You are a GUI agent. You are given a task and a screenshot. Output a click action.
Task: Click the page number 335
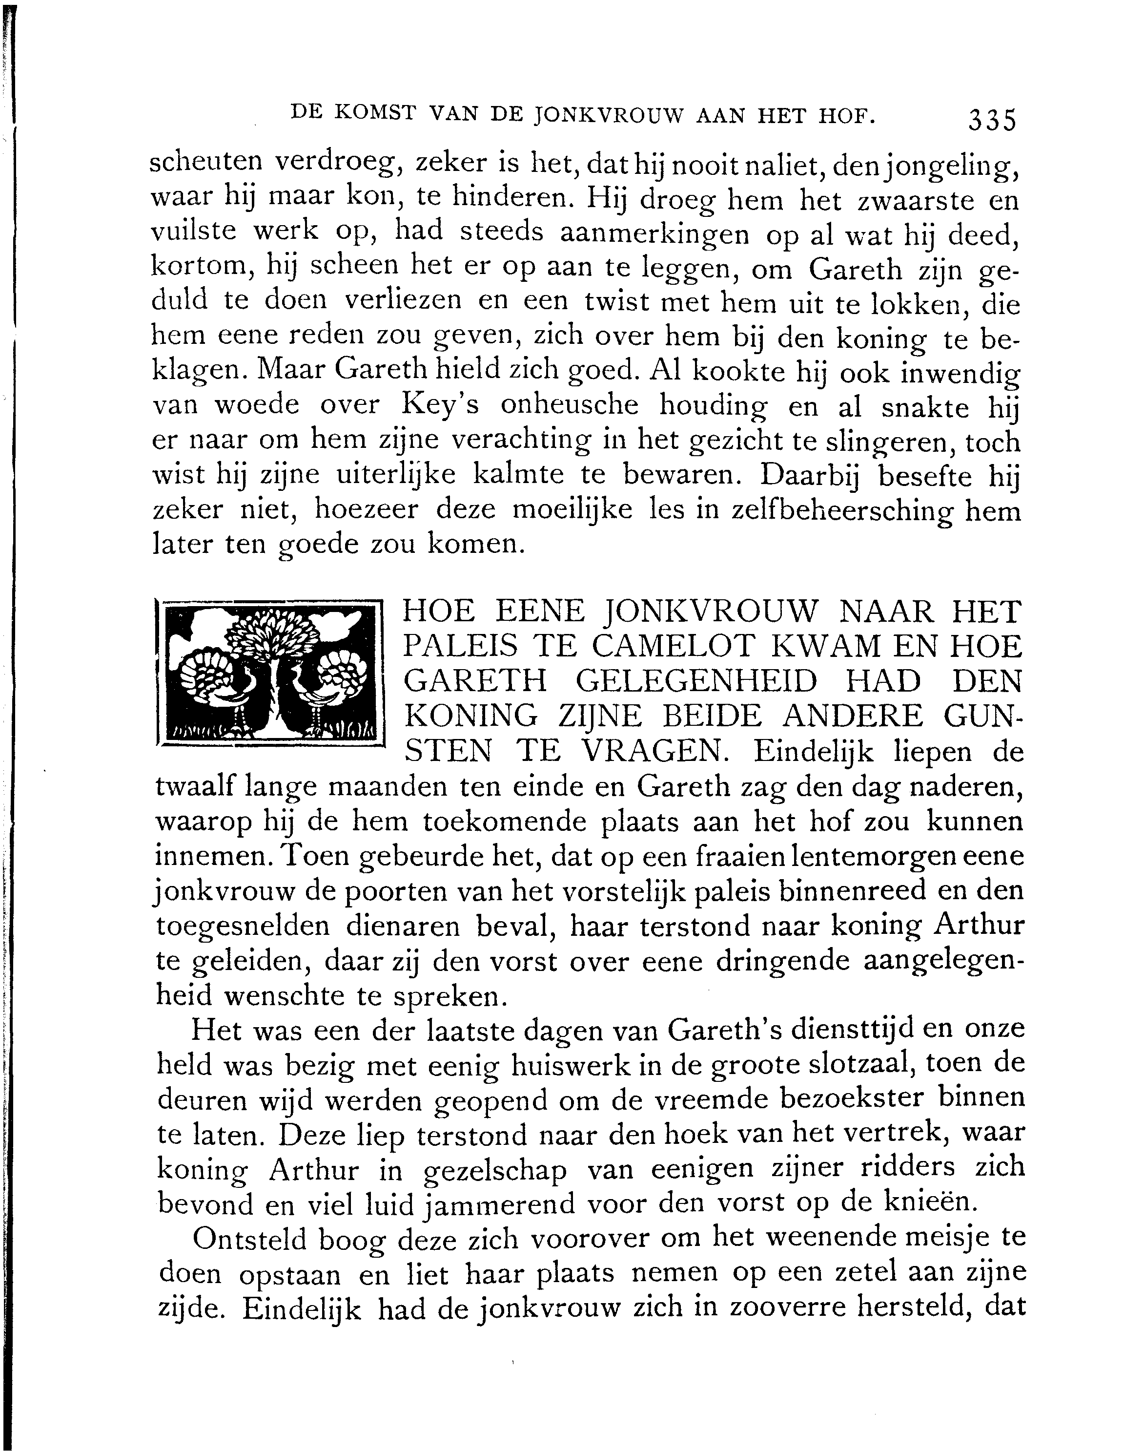[992, 121]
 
